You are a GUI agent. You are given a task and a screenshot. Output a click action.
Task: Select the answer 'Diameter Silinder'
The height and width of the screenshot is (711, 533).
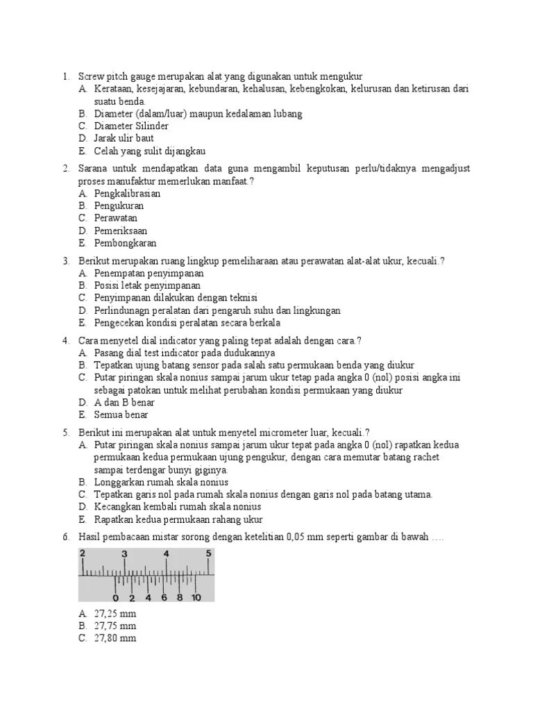coord(131,126)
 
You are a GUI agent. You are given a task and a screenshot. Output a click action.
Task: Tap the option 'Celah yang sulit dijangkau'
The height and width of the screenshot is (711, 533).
coord(149,151)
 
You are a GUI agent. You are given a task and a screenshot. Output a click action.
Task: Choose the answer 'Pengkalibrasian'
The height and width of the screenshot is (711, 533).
coord(127,193)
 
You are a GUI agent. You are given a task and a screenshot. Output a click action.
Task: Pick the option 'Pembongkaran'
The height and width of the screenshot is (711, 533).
coord(125,243)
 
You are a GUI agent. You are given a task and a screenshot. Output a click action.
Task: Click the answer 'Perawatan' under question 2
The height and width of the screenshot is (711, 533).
coord(116,218)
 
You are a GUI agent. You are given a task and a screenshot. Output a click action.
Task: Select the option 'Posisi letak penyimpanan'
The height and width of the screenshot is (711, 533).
coord(147,285)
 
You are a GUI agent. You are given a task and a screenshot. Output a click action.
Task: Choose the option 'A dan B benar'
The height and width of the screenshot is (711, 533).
coord(124,402)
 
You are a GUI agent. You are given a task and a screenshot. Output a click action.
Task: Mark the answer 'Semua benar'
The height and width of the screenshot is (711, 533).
coord(121,415)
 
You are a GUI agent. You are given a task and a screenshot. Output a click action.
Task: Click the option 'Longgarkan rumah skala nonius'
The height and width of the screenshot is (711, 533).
coord(161,482)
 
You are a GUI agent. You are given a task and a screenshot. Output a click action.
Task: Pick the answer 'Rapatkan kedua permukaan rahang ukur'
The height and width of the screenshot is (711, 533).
coord(178,519)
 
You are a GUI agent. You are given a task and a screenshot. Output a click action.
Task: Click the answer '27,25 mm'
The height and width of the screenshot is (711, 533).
coord(115,613)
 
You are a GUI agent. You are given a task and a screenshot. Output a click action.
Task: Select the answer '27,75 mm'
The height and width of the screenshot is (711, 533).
coord(115,626)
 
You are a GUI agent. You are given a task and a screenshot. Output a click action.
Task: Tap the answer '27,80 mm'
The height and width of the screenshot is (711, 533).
coord(115,638)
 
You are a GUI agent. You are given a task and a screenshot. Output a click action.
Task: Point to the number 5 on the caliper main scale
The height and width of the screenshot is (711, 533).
coord(209,553)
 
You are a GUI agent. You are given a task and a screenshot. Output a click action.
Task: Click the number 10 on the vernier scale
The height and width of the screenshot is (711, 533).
coord(196,597)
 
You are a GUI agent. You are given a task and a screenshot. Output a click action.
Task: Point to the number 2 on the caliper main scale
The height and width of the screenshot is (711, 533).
coord(83,553)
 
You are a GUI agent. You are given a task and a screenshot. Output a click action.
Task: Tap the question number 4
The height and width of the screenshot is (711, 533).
coord(65,340)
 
